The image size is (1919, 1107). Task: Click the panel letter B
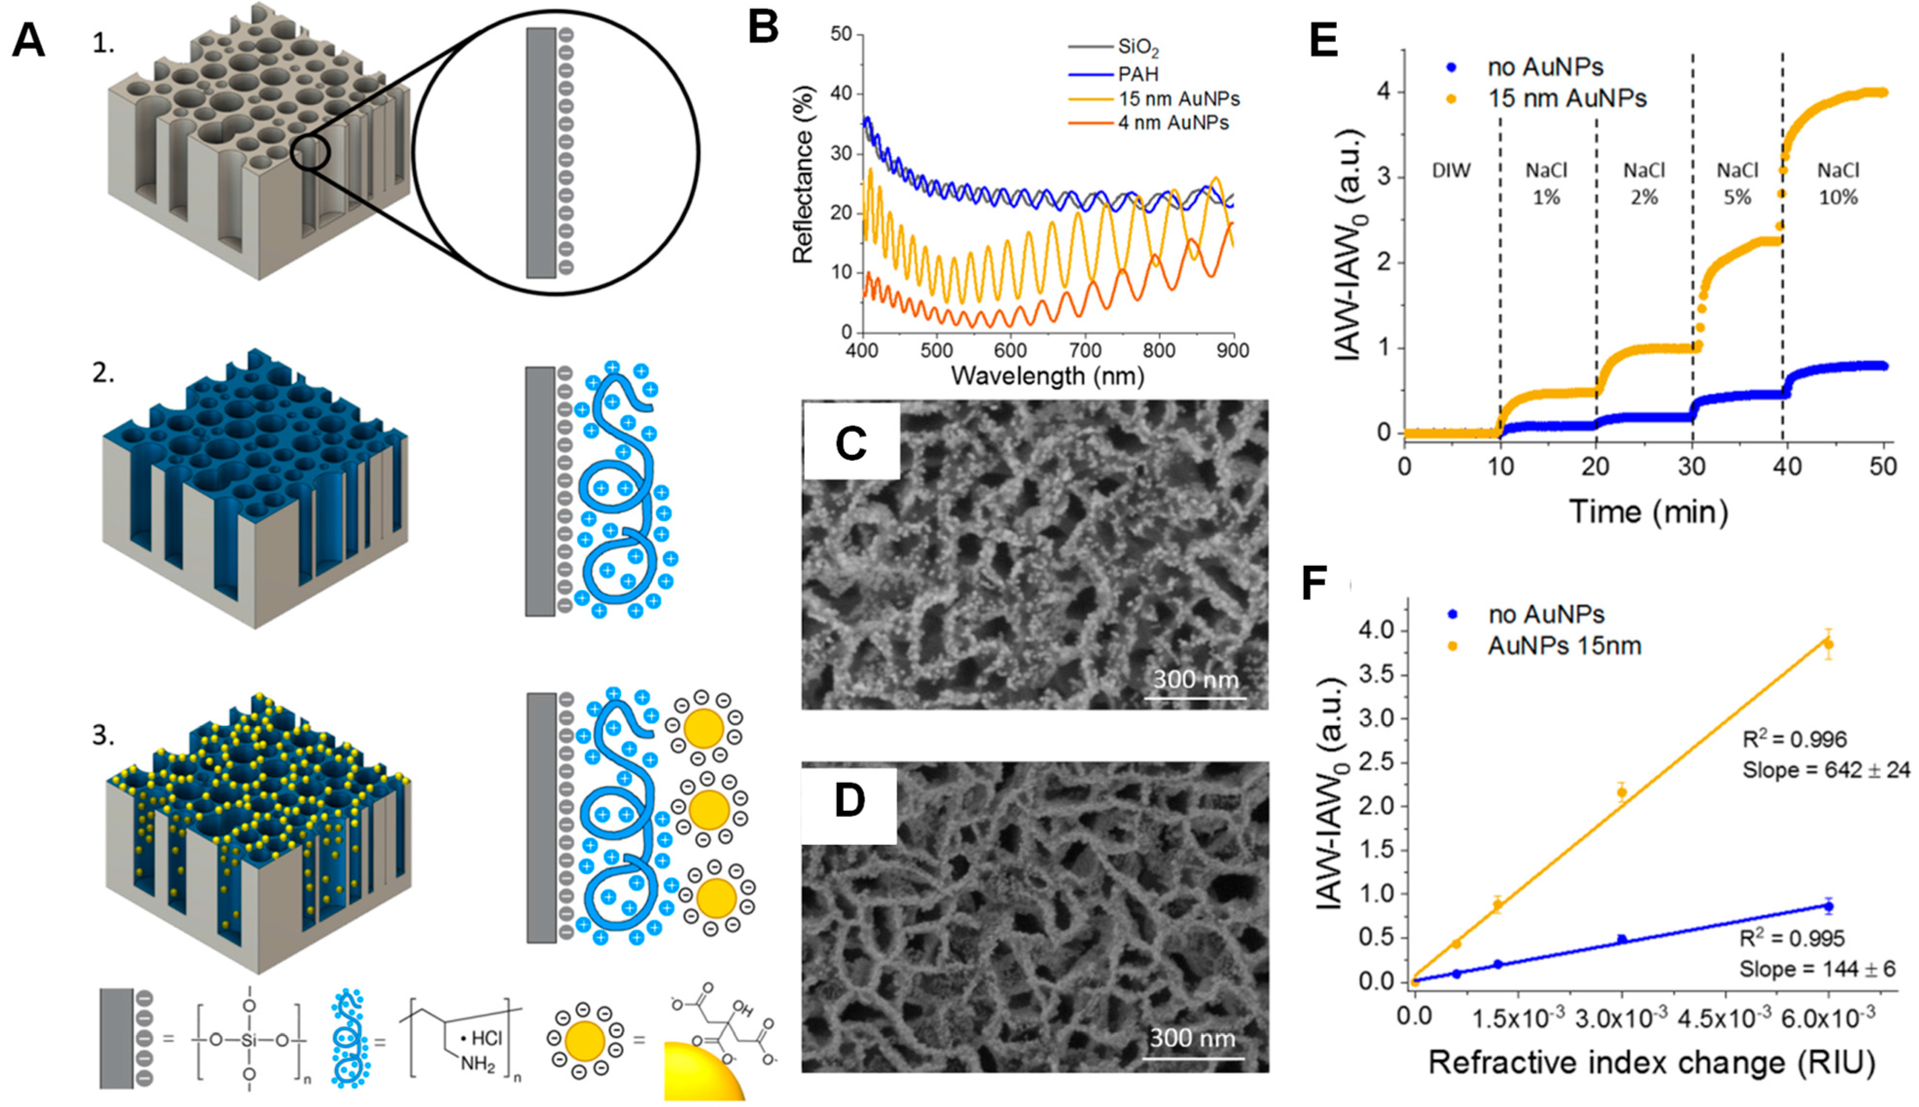(763, 29)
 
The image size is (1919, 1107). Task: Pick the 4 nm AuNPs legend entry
(1173, 123)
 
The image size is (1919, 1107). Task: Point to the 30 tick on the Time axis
(1692, 467)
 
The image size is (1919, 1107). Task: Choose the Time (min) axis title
(1648, 511)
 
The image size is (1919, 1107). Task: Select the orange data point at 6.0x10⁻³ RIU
(1829, 645)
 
